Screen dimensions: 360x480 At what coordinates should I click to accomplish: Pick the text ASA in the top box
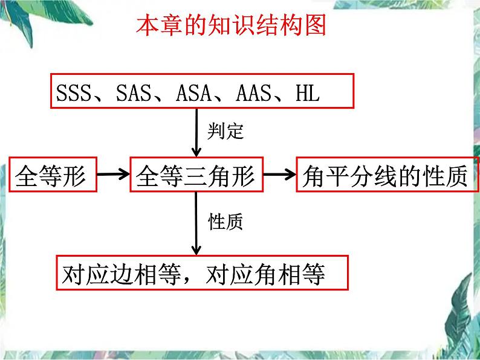click(x=193, y=93)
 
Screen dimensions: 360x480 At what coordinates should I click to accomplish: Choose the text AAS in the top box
click(x=253, y=93)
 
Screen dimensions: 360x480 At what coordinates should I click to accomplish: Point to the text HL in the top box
click(x=306, y=93)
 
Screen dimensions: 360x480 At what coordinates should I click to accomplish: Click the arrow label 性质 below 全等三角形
click(x=225, y=222)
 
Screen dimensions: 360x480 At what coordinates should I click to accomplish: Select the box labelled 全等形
click(x=53, y=175)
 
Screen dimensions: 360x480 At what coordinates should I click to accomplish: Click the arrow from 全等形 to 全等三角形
click(x=114, y=175)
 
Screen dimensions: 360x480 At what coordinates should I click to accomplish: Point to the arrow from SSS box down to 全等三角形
click(x=196, y=133)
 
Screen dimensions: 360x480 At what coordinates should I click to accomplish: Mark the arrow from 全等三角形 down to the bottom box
click(x=196, y=223)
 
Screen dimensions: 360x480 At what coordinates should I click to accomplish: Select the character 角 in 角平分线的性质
click(x=313, y=175)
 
